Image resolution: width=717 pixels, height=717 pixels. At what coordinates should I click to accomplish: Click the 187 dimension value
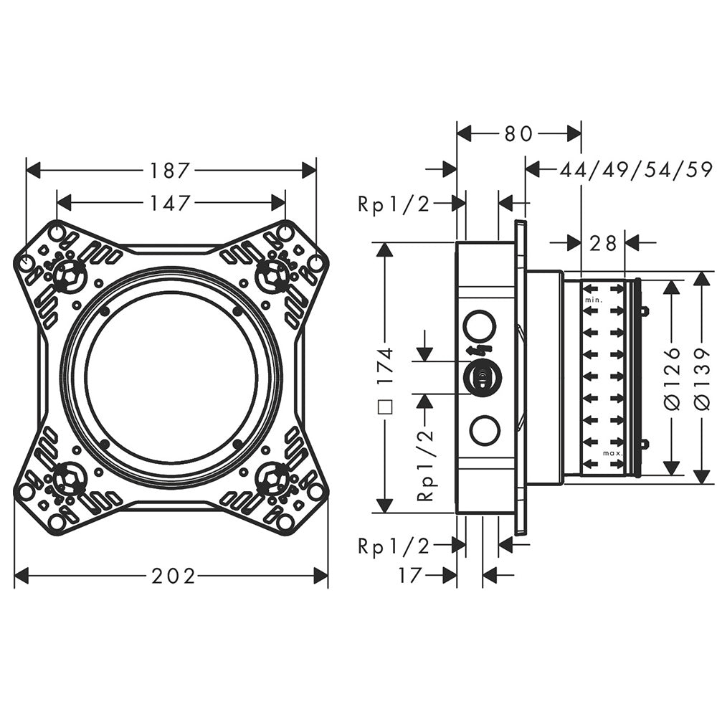[x=169, y=171]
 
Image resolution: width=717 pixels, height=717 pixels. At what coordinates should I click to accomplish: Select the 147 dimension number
[x=170, y=203]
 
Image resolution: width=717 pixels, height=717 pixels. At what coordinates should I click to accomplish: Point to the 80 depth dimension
[x=518, y=134]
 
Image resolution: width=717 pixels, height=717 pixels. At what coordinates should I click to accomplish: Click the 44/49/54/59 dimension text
[x=636, y=171]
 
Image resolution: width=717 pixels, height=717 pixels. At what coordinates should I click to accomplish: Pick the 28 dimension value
[x=603, y=244]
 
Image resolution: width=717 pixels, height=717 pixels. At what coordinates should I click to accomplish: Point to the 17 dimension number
[x=409, y=576]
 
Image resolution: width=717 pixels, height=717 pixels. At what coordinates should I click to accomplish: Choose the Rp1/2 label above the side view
[x=394, y=204]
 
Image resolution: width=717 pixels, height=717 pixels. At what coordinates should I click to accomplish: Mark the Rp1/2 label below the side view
[x=394, y=546]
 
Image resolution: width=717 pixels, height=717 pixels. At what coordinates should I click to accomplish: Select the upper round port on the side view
[x=480, y=325]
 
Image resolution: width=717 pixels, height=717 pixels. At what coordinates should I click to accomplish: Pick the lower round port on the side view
[x=485, y=430]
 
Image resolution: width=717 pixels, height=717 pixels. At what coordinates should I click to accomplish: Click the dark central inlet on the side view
[x=483, y=378]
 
